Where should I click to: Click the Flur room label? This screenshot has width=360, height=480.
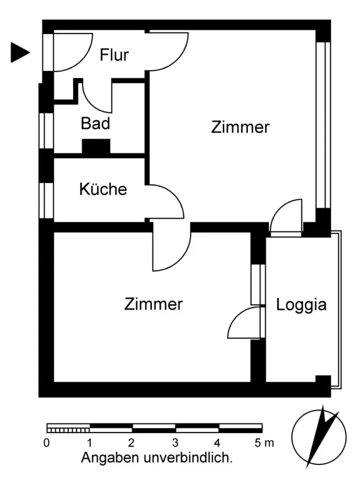(x=114, y=54)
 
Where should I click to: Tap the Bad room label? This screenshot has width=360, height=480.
(x=95, y=124)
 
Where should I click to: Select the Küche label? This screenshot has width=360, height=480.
(x=103, y=189)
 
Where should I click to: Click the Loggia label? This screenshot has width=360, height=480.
(x=301, y=305)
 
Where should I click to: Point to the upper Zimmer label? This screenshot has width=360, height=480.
(x=240, y=128)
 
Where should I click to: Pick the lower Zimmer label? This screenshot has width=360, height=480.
(x=154, y=305)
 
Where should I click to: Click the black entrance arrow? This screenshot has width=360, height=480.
(x=20, y=52)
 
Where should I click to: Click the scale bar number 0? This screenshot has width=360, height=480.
(x=47, y=442)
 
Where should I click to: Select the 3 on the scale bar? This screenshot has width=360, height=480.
(x=175, y=442)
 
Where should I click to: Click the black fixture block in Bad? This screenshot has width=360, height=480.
(x=96, y=147)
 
